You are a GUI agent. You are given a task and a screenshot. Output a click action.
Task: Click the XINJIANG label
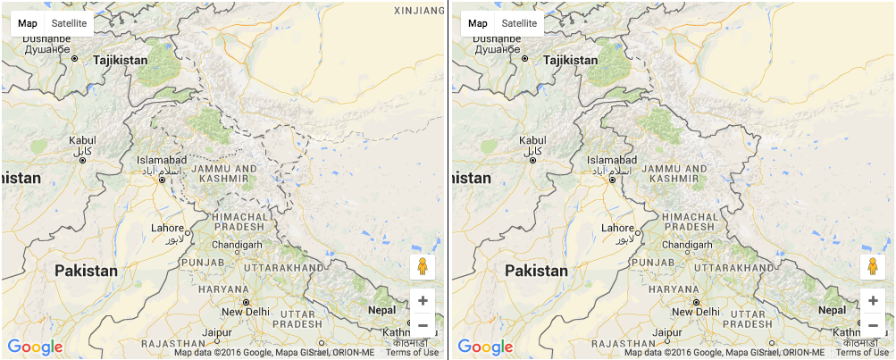418,11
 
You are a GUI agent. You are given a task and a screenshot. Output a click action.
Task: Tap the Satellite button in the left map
70,23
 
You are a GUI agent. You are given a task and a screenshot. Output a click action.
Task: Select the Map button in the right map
478,23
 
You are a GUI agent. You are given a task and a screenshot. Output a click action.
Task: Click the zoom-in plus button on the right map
873,300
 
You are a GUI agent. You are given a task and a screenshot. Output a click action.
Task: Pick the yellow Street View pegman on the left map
423,266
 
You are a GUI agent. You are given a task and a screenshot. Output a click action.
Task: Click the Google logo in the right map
486,347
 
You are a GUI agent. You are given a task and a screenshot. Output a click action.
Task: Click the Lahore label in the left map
167,228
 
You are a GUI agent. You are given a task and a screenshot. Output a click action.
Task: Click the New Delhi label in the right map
696,311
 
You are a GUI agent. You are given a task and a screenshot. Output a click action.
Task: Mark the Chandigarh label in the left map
238,244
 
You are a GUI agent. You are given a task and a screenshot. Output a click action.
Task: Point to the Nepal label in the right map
833,310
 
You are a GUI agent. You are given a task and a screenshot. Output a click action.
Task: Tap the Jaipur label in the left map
217,332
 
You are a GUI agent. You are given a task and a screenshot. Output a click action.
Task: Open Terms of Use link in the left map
412,352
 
